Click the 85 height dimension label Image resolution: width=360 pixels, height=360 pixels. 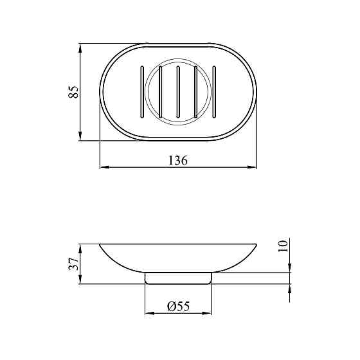(x=73, y=92)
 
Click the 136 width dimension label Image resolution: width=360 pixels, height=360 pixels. (x=178, y=160)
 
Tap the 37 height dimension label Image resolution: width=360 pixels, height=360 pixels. (x=73, y=264)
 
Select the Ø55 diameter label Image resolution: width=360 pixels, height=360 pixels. (x=179, y=306)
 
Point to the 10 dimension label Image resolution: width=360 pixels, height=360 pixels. (x=283, y=246)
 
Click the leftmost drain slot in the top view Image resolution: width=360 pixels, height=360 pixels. (x=142, y=92)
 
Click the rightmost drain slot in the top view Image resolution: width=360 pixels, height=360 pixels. (x=214, y=92)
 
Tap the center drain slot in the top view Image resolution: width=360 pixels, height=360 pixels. (x=178, y=92)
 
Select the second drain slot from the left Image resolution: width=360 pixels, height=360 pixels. (x=161, y=92)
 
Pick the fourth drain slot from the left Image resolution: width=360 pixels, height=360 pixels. (x=196, y=92)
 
